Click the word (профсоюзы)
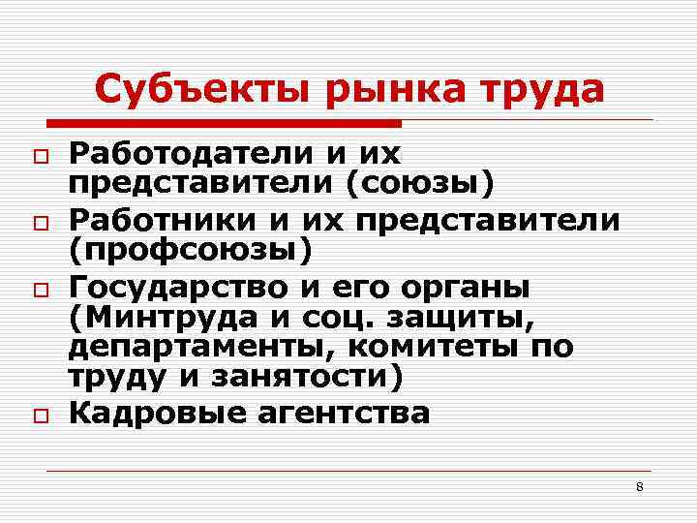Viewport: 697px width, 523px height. click(190, 250)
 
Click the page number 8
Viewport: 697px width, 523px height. click(639, 485)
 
